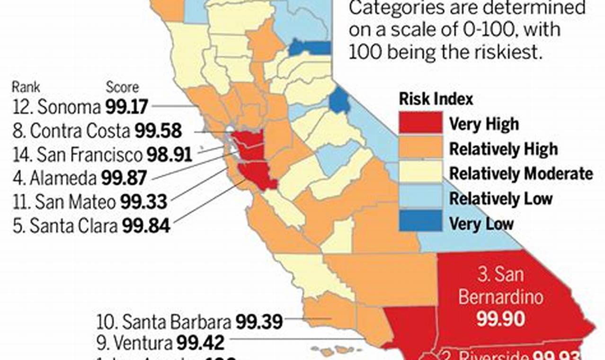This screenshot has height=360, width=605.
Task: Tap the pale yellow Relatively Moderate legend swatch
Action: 420,173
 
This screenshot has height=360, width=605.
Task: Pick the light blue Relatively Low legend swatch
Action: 420,198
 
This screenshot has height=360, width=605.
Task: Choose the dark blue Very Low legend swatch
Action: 420,223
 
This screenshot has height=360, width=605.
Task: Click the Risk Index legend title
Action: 436,99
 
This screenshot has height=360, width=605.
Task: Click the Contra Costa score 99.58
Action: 158,131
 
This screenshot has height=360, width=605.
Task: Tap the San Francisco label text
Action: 89,154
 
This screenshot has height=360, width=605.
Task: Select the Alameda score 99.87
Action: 124,178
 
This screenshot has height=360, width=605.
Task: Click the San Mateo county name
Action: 75,202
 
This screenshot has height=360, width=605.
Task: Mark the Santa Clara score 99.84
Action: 146,226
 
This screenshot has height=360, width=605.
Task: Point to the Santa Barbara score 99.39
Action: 259,322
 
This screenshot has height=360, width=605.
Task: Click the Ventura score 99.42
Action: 200,342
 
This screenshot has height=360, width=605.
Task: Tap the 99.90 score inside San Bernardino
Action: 501,319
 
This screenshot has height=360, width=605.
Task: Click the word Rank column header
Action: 26,87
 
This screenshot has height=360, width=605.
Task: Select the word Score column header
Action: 122,87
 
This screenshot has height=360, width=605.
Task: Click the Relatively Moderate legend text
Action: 521,173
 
